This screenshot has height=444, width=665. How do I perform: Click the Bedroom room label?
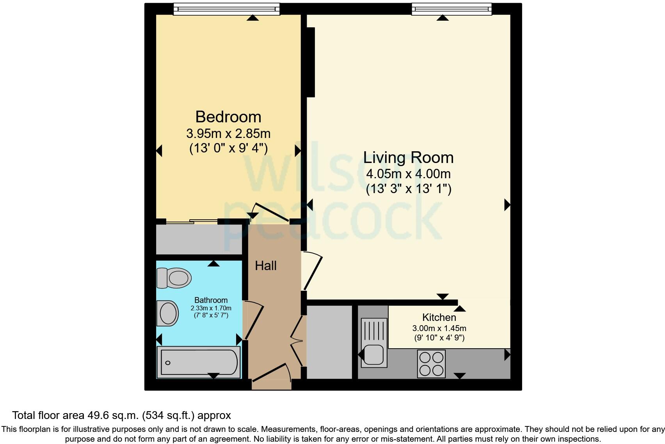point(228,117)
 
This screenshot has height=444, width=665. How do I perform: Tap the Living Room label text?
point(408,158)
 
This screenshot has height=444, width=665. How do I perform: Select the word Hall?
point(266,266)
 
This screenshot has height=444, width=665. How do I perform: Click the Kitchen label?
point(439,317)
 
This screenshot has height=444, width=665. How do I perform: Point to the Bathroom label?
point(211,300)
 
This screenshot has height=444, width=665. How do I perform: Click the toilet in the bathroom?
point(174,278)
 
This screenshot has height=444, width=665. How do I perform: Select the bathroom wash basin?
point(168,313)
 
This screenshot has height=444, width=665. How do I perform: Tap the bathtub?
point(199,362)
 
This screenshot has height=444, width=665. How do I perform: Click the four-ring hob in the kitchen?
point(431,363)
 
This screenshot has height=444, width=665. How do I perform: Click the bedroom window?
point(226,9)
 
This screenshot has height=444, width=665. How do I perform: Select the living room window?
point(452,9)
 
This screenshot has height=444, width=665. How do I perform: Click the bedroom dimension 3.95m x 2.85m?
point(228,134)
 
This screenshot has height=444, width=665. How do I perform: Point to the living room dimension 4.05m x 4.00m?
point(408,174)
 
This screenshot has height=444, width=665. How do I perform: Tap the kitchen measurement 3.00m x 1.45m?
point(439,328)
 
